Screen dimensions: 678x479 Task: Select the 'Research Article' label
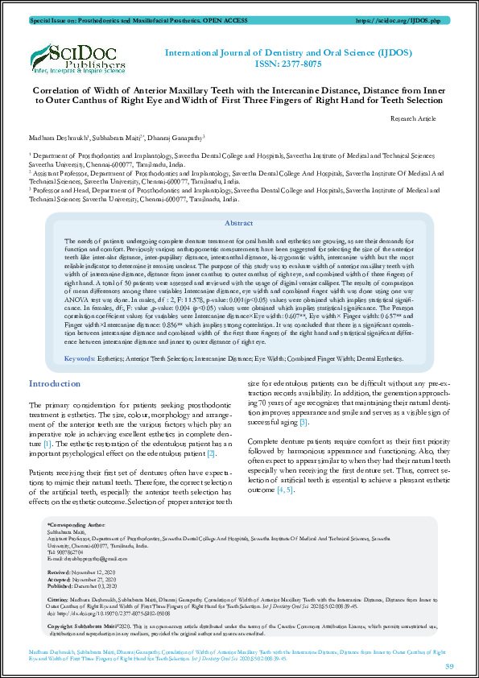pos(413,118)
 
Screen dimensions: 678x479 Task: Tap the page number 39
pos(449,665)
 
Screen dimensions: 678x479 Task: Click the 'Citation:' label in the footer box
pos(60,601)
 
